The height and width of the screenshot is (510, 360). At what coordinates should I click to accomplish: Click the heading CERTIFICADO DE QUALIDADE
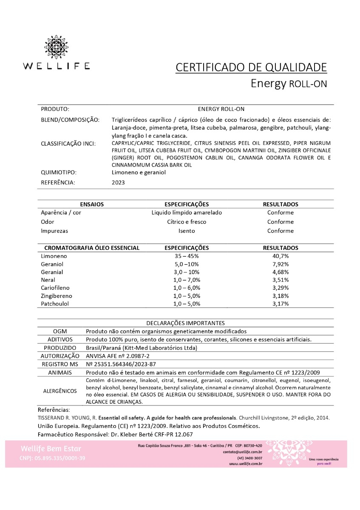251,67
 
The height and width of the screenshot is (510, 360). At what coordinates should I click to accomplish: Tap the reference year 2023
118,182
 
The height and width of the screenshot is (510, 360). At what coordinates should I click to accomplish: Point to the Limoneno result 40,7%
281,256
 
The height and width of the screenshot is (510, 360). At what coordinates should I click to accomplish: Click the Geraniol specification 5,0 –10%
187,264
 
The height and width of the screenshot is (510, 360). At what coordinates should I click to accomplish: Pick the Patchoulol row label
55,304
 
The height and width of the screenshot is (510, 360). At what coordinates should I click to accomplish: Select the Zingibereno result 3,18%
281,296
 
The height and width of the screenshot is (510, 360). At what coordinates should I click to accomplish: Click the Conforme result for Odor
281,222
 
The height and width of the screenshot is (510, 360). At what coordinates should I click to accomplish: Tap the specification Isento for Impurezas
187,231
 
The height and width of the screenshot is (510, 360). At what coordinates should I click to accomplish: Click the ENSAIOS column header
92,204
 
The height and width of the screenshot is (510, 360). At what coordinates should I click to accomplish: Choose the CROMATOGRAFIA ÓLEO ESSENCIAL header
92,248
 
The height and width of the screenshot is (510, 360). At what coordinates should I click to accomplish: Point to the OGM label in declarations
60,331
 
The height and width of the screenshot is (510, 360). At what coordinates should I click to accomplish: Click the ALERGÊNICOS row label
60,391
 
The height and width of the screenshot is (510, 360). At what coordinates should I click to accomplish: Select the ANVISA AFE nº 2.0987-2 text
117,356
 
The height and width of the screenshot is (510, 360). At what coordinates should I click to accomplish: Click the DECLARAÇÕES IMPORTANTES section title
185,323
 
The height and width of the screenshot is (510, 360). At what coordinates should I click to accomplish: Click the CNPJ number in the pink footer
52,458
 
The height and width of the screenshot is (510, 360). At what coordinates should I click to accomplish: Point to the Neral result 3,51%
281,280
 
